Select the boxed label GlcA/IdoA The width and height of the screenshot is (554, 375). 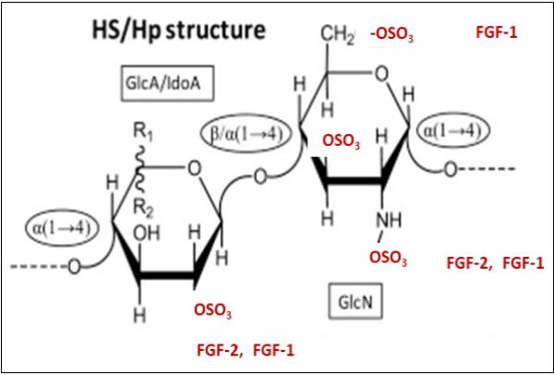(167, 85)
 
